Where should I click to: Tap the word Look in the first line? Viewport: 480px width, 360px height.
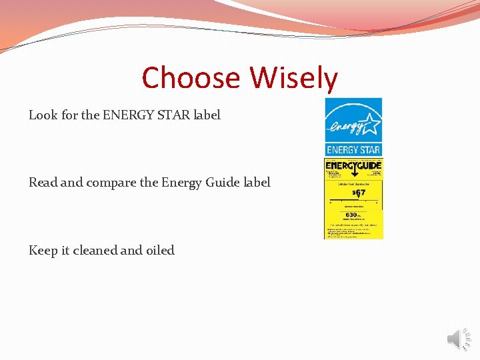43,115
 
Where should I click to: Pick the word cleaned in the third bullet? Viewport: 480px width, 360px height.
99,251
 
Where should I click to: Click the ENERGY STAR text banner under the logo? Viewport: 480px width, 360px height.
353,150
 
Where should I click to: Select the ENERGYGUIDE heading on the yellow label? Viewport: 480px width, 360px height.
353,165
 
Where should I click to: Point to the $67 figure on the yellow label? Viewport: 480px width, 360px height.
359,193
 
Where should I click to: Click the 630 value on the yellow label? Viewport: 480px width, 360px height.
352,215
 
